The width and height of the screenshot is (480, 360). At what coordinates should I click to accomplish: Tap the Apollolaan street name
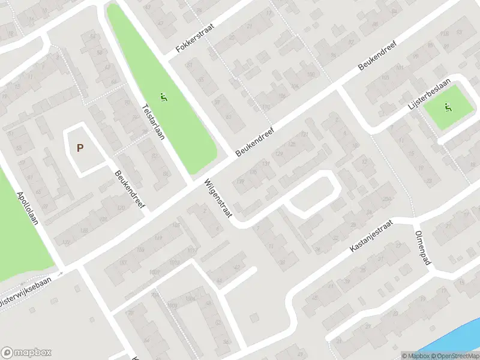tap(28, 208)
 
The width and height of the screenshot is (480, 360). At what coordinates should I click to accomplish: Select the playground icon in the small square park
tap(447, 108)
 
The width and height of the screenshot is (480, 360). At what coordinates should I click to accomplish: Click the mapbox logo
tap(26, 353)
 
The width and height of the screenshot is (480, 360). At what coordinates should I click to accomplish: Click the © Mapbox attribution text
tap(416, 355)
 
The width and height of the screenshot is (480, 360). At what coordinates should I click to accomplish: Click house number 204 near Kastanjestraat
tap(387, 199)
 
